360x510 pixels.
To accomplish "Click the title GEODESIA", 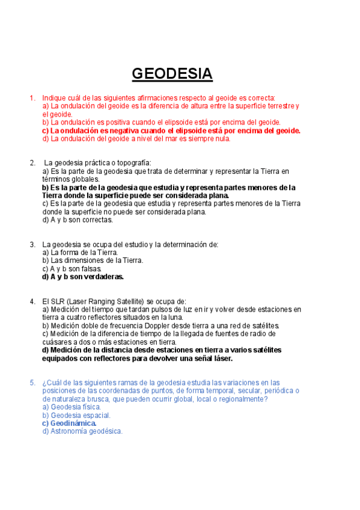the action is tap(172, 74).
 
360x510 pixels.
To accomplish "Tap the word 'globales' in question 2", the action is tap(86, 179).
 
